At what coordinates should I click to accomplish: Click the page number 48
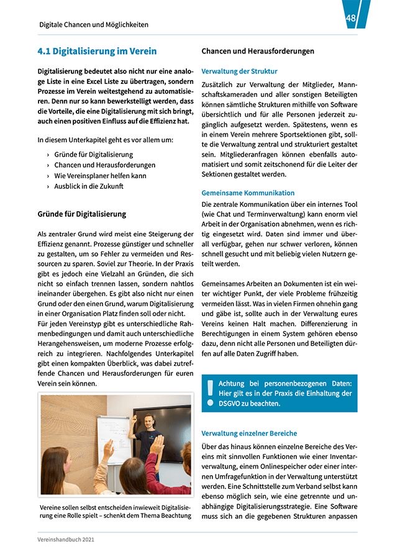351,19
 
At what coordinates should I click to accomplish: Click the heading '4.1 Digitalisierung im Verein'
97,51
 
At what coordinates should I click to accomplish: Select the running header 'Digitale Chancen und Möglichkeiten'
93,25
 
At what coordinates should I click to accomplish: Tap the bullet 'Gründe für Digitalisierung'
93,154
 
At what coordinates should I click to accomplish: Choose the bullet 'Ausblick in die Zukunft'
89,186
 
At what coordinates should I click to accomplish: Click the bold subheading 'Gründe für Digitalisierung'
82,214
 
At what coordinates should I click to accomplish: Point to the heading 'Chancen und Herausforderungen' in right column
258,51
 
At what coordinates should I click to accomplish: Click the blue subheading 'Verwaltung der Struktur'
239,71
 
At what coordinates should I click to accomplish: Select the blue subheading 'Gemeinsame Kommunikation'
248,193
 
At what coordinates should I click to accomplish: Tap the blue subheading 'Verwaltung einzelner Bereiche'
249,433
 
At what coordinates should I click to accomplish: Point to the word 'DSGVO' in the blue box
229,403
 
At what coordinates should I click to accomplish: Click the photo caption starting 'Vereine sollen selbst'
116,512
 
